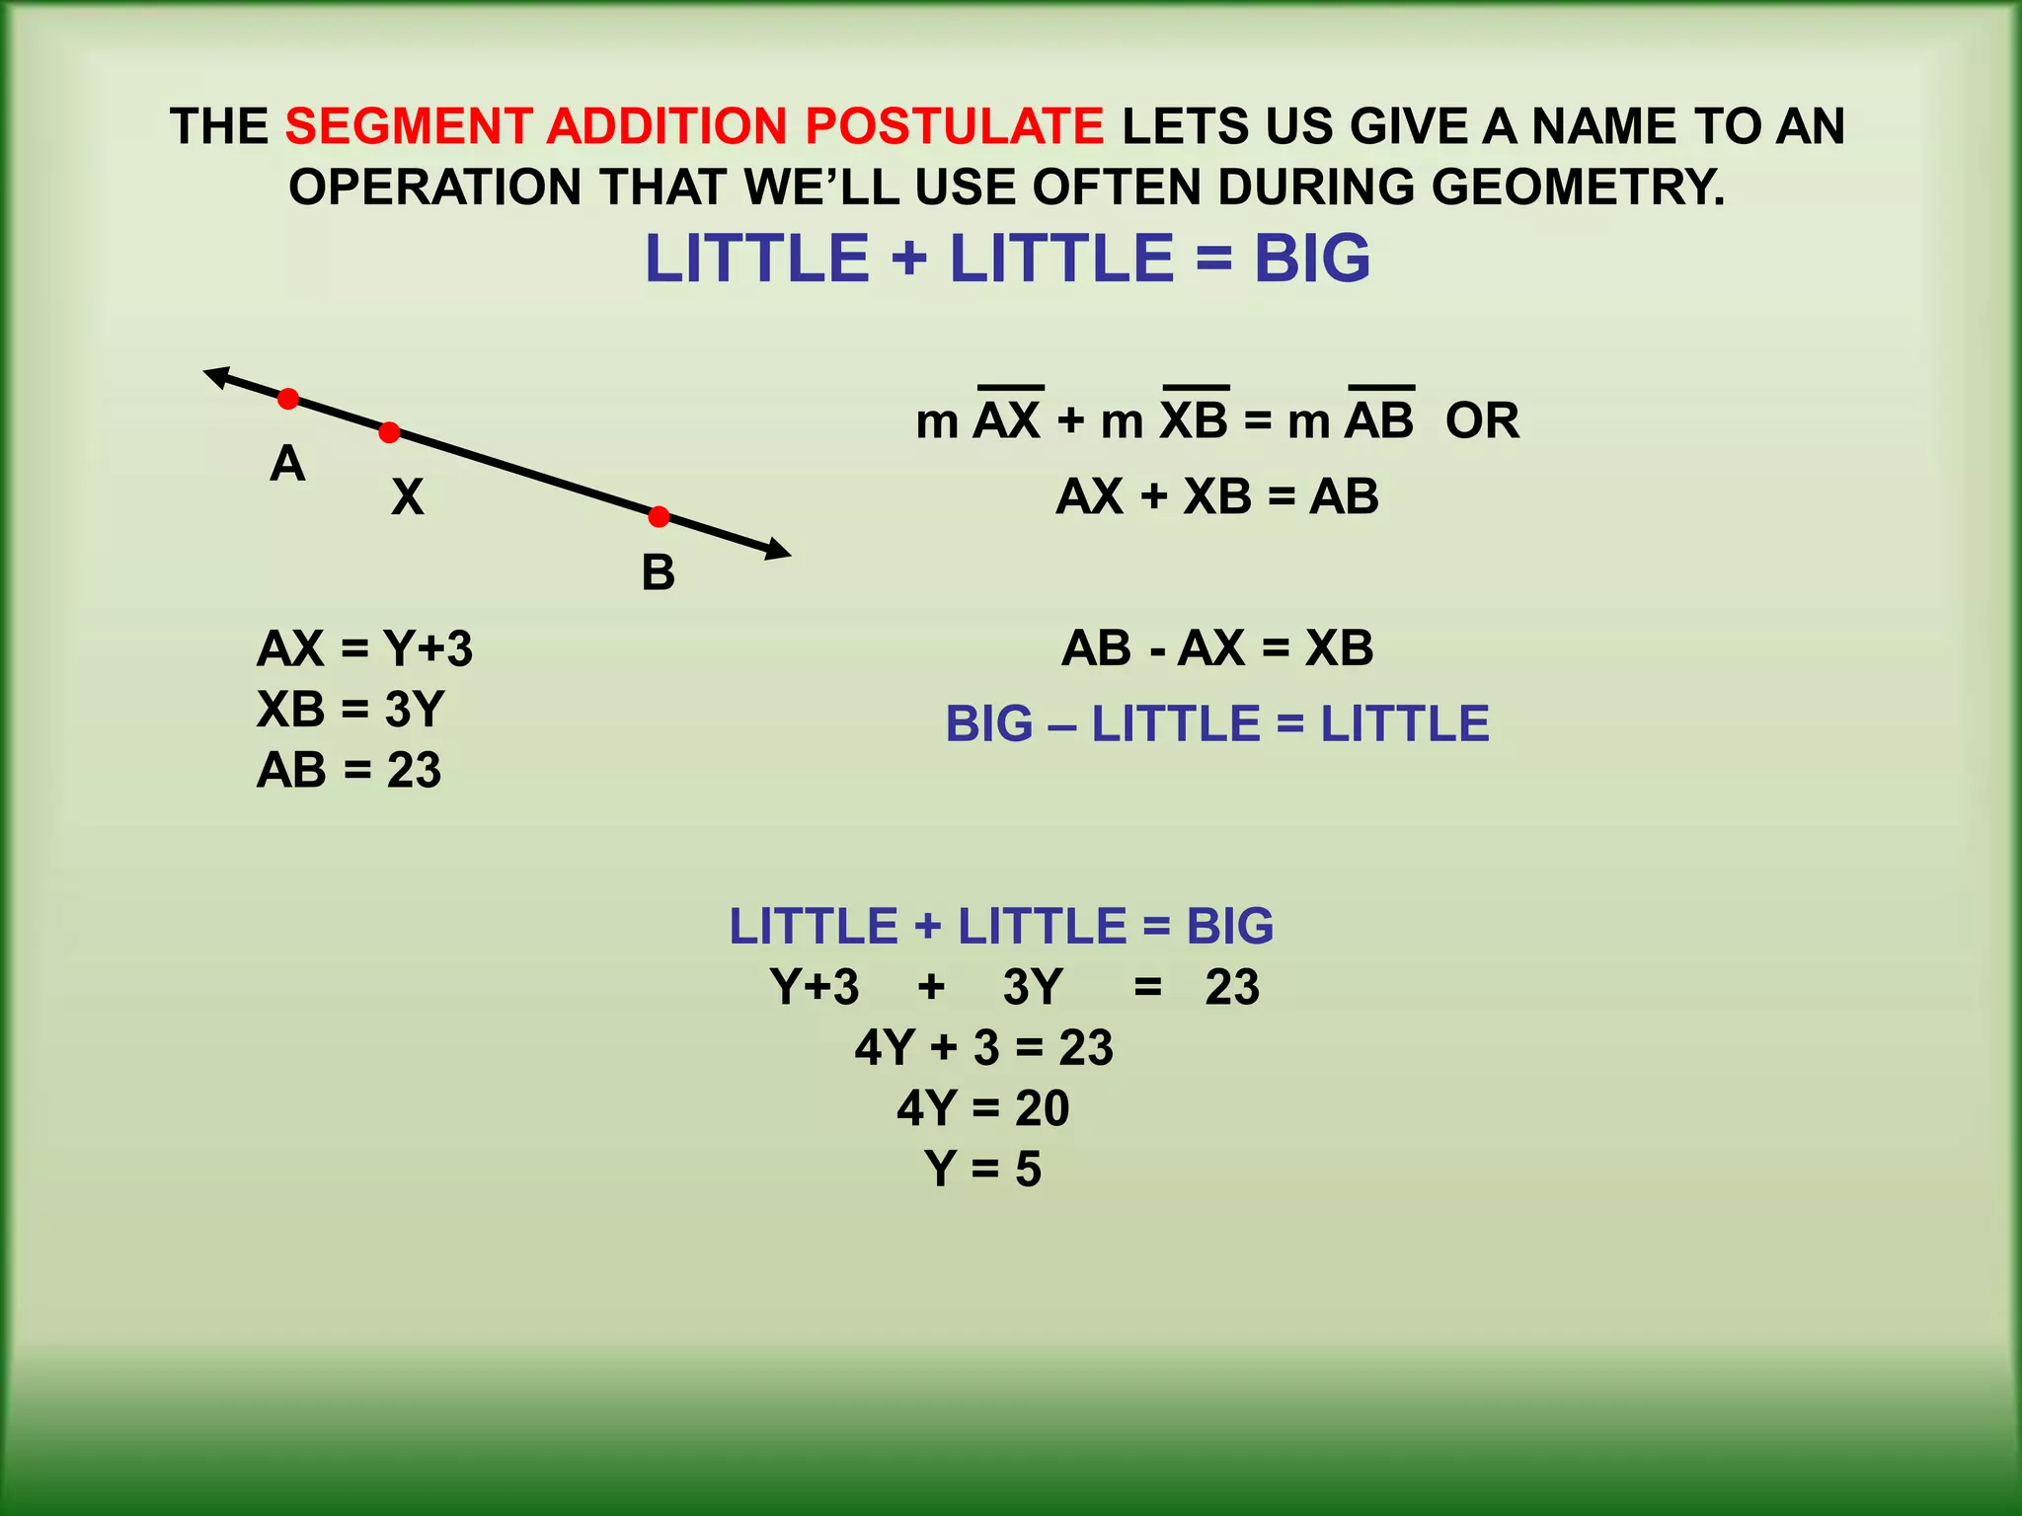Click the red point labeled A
pos(287,399)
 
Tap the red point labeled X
pos(390,432)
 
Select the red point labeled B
pos(659,516)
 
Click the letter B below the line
pos(659,572)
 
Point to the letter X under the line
pos(407,496)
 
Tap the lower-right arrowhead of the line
pos(779,552)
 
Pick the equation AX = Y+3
pos(364,648)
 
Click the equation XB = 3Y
pos(350,709)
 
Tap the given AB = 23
pos(349,770)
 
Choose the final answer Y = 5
pos(983,1169)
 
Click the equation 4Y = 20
pos(983,1108)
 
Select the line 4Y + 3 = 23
pos(983,1047)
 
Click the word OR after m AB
pos(1482,421)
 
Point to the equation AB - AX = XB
pos(1217,648)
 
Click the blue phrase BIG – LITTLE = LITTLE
pos(1217,723)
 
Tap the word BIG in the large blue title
pos(1312,259)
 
